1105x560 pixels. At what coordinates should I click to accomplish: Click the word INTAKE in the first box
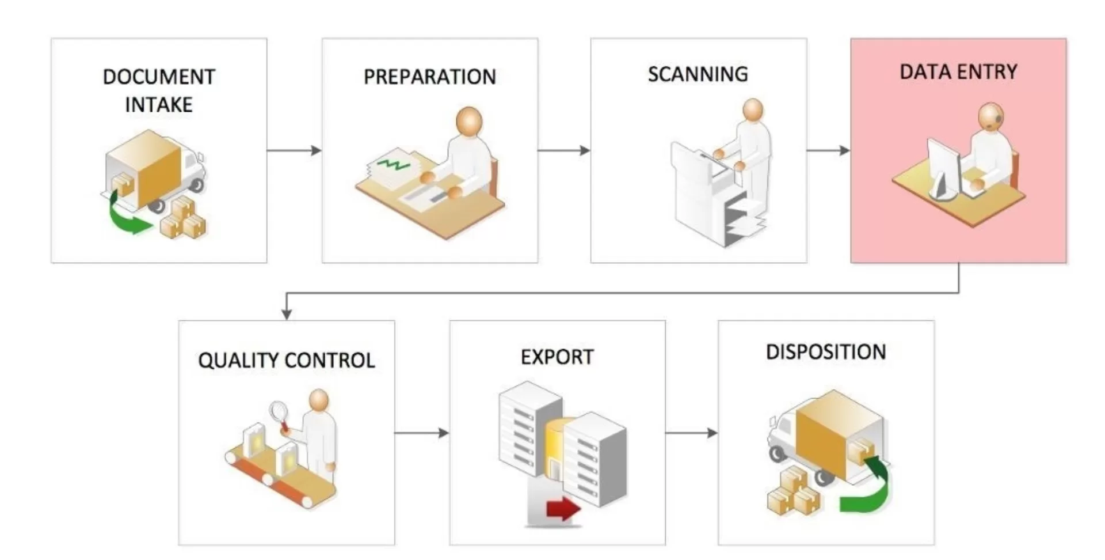(159, 105)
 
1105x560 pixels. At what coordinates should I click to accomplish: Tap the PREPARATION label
(430, 77)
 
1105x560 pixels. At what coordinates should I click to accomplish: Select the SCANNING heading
(698, 74)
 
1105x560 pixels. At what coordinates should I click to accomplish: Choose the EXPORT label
(557, 357)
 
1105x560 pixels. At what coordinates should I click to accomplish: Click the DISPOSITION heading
(826, 352)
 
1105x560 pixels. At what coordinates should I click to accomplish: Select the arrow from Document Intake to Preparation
(294, 150)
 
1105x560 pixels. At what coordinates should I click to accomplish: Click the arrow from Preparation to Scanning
(564, 150)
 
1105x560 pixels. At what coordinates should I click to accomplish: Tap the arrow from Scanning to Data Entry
(829, 150)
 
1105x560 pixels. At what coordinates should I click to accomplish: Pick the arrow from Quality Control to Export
(422, 433)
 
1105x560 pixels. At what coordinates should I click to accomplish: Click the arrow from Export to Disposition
(692, 433)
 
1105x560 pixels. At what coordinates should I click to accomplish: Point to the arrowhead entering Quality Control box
(287, 315)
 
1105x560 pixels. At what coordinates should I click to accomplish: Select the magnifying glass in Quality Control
(280, 415)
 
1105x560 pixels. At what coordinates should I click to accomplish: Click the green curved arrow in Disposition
(869, 490)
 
